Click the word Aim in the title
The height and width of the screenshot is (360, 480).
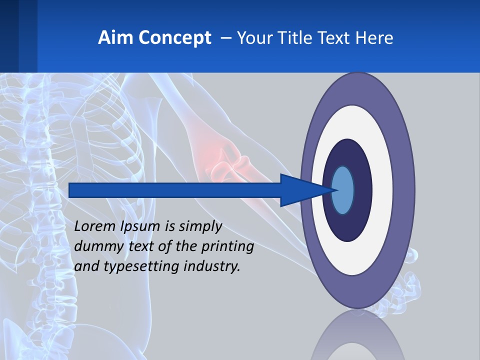pyautogui.click(x=111, y=38)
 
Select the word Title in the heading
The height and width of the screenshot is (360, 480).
pyautogui.click(x=299, y=38)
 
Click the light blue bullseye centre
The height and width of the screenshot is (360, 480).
pyautogui.click(x=343, y=190)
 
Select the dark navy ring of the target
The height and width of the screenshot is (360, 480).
pyautogui.click(x=363, y=190)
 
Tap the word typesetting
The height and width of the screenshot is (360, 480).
pyautogui.click(x=141, y=267)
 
